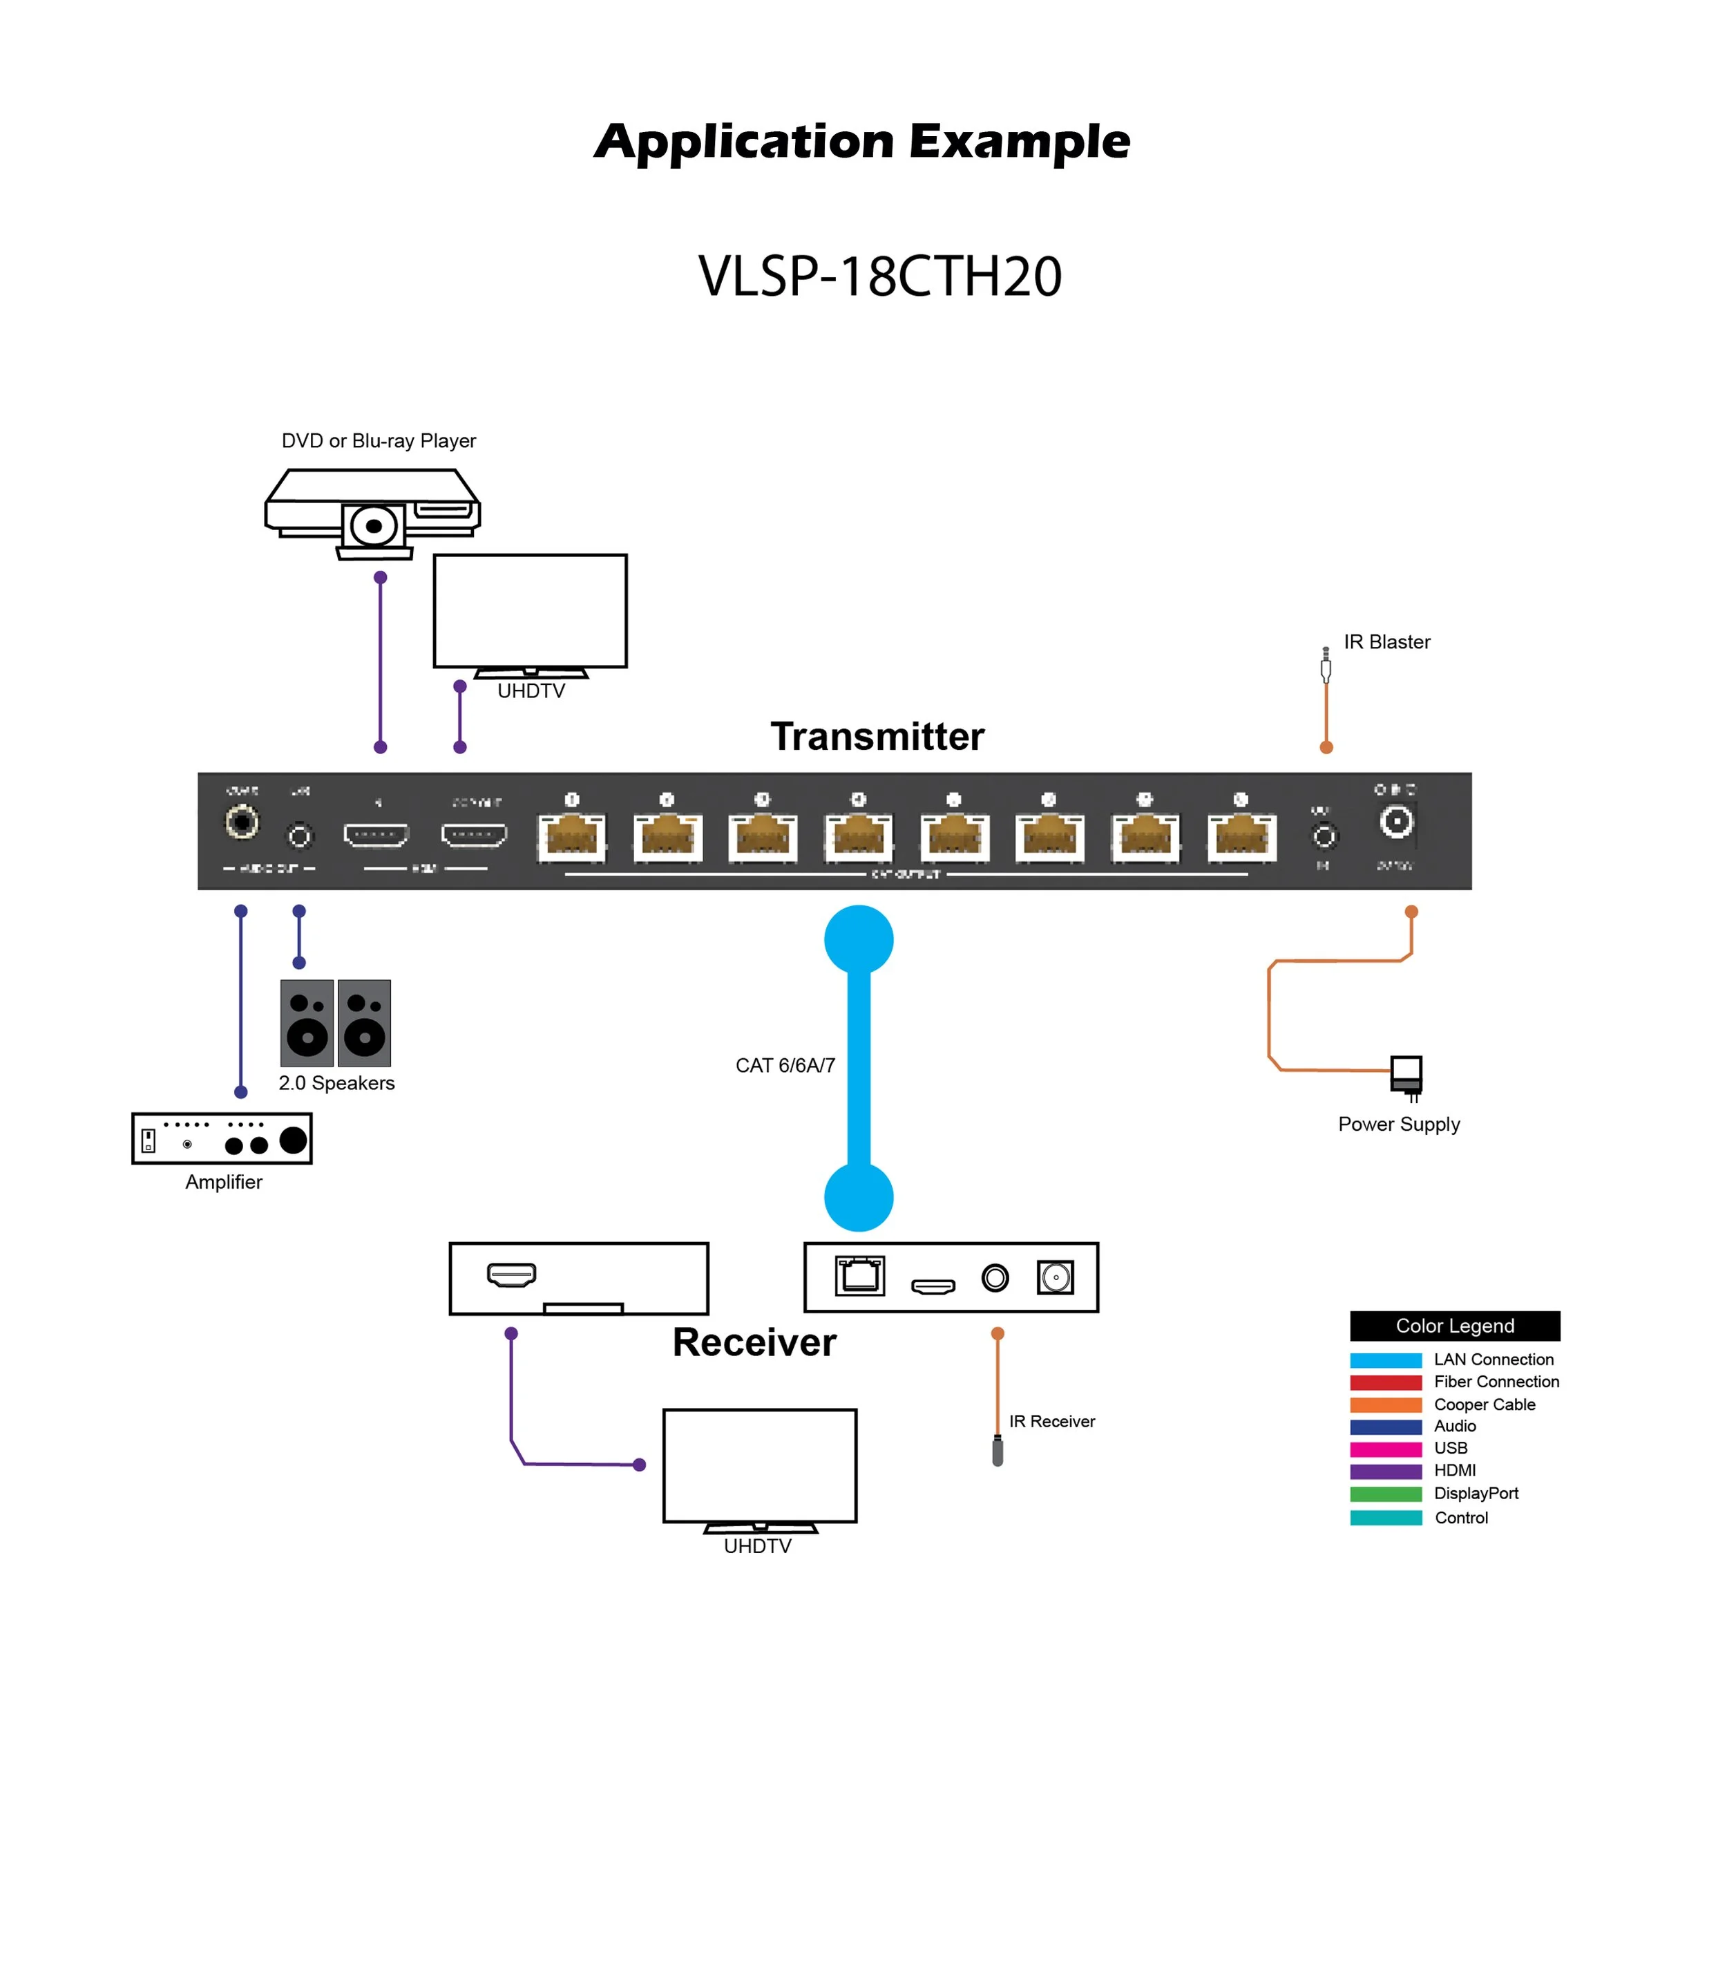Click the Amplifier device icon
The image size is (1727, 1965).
tap(221, 1138)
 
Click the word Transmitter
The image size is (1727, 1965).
tap(877, 736)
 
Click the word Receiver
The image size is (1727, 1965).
tap(754, 1342)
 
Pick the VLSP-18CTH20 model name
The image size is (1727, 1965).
tap(879, 277)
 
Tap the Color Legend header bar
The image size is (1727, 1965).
tap(1454, 1326)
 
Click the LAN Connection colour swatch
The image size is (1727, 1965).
tap(1385, 1360)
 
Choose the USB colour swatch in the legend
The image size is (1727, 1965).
tap(1385, 1449)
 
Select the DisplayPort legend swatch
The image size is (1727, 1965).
tap(1385, 1494)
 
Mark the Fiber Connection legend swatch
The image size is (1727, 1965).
tap(1385, 1382)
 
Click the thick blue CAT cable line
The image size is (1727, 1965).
tap(858, 1067)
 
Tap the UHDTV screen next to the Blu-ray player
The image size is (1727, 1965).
tap(530, 610)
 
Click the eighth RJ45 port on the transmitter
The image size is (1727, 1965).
tap(1241, 836)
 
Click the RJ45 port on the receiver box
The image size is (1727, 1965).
tap(859, 1277)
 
